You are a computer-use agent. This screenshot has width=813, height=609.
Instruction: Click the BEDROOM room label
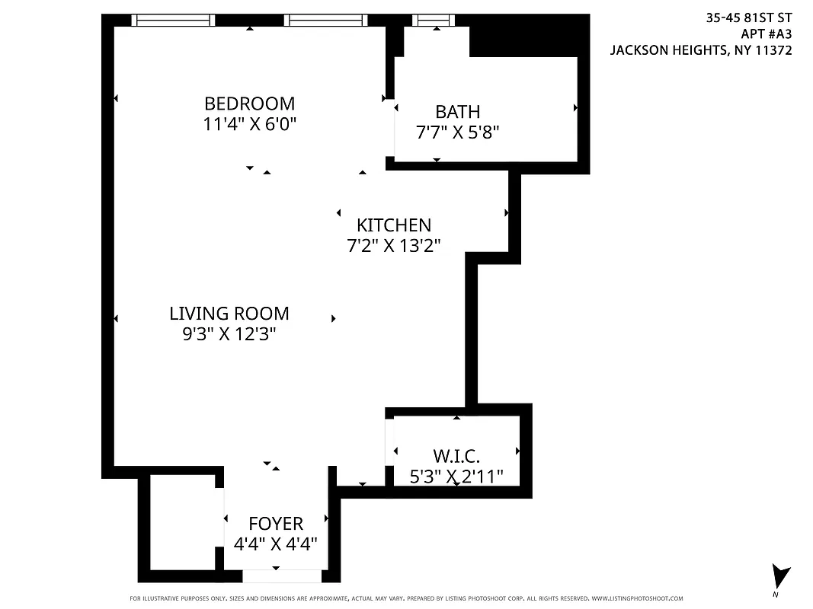click(249, 104)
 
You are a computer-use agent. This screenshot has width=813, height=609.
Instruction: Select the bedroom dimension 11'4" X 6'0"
click(249, 124)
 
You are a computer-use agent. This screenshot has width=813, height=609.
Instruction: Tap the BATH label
click(457, 112)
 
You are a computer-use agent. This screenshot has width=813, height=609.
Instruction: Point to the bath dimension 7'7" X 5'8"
click(457, 132)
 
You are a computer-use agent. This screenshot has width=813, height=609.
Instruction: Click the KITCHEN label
click(394, 225)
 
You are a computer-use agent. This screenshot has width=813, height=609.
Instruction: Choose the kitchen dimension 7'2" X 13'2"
click(394, 246)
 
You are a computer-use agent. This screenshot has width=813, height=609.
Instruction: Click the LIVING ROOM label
click(229, 314)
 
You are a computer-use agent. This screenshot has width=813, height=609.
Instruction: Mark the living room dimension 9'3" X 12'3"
click(229, 334)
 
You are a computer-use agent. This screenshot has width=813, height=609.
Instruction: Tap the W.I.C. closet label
click(456, 457)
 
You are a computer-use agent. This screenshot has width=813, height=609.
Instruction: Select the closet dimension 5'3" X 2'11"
click(456, 477)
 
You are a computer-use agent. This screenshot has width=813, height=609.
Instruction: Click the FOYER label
click(276, 524)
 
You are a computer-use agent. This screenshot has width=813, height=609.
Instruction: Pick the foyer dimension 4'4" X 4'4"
click(276, 544)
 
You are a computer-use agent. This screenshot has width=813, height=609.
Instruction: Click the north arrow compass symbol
click(779, 576)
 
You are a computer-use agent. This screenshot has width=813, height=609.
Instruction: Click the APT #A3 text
click(766, 34)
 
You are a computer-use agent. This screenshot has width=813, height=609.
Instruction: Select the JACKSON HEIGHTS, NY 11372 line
click(701, 50)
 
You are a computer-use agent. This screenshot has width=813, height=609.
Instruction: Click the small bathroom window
click(434, 21)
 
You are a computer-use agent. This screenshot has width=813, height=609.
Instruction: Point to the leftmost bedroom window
click(173, 21)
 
